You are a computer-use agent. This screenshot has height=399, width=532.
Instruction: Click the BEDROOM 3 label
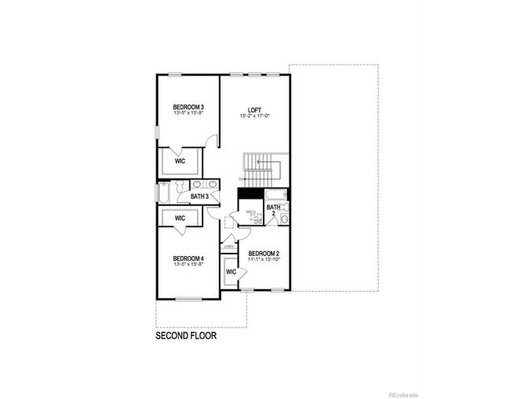coord(189,106)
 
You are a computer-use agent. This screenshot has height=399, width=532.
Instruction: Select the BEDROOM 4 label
coord(189,259)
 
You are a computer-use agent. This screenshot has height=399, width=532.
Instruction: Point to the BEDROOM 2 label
coord(264,252)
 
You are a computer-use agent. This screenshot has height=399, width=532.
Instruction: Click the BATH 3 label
coord(199,197)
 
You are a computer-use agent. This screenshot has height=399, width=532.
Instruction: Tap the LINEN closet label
coord(229,247)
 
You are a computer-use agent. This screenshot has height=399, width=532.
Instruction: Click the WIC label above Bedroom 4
coord(180,218)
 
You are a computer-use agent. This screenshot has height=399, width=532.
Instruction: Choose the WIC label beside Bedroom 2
coord(231,271)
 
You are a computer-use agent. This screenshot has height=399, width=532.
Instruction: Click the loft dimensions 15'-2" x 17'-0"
coord(254,116)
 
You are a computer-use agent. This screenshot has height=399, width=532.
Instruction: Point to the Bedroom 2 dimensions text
coord(264,259)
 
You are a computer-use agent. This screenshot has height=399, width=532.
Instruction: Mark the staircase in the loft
coord(263,171)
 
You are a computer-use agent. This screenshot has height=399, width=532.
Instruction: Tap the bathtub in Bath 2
coord(276,196)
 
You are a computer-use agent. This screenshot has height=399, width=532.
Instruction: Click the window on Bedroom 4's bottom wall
coord(188,298)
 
